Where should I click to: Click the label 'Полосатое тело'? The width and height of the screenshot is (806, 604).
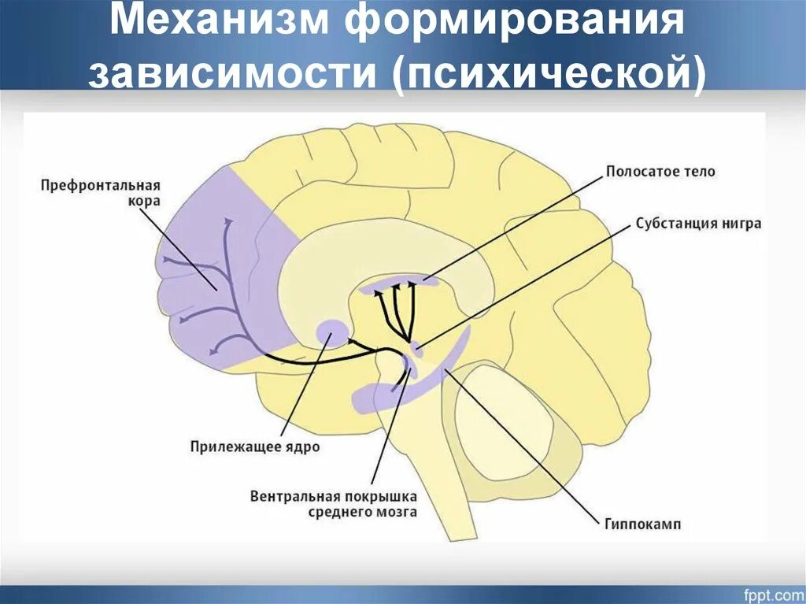click(660, 171)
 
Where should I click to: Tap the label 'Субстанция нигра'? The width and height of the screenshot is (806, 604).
click(698, 223)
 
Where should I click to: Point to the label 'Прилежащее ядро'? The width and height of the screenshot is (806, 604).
click(255, 447)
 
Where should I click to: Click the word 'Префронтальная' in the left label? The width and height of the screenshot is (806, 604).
click(99, 186)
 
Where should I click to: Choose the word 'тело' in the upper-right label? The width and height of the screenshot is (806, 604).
click(699, 171)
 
